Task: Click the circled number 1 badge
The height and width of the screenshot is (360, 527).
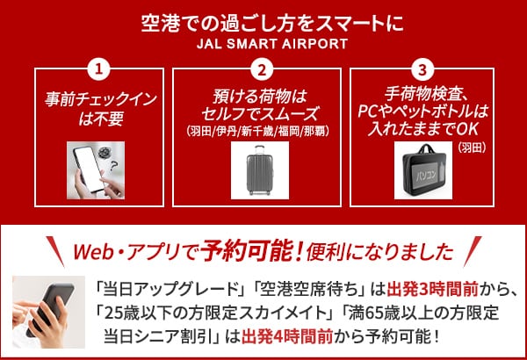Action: click(x=98, y=69)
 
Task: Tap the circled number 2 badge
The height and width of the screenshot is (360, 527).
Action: click(x=262, y=69)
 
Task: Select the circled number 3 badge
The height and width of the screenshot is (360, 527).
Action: click(x=422, y=69)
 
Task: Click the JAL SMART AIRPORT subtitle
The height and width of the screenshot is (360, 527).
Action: click(x=272, y=44)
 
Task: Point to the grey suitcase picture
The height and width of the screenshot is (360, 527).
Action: click(x=259, y=170)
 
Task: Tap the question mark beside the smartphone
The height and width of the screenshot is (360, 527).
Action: click(x=114, y=165)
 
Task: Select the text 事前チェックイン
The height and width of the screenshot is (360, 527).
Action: click(x=101, y=99)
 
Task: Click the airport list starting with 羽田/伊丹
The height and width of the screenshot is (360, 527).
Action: click(x=257, y=131)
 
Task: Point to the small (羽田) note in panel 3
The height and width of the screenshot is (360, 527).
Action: click(x=473, y=148)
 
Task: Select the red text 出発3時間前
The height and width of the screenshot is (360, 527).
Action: click(x=432, y=290)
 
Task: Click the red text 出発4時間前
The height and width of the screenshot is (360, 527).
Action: click(x=287, y=336)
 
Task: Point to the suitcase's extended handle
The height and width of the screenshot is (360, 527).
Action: click(x=259, y=150)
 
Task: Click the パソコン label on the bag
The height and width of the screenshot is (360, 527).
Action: click(x=426, y=175)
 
